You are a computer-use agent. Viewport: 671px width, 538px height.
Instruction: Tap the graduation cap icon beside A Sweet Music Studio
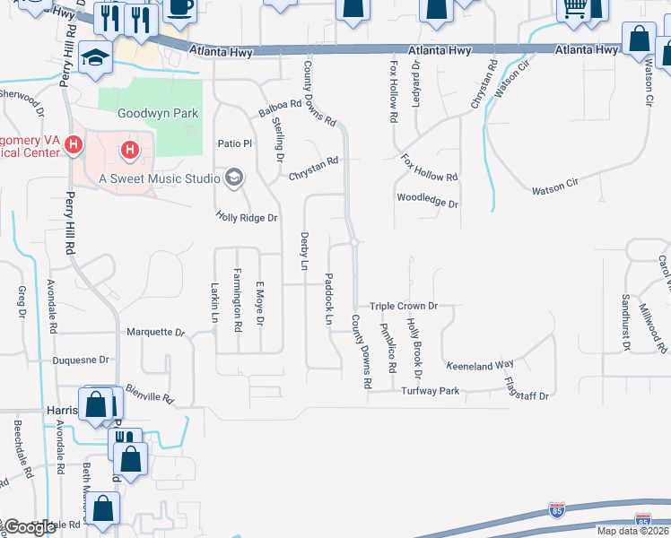(x=234, y=178)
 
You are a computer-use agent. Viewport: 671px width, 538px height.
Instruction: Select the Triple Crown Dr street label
(x=404, y=306)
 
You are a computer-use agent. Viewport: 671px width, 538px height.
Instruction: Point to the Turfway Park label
(x=431, y=391)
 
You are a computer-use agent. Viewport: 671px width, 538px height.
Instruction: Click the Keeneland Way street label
(x=479, y=364)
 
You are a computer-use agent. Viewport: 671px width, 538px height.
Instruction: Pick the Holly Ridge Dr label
(x=248, y=217)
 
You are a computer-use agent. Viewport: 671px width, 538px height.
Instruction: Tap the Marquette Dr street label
(x=155, y=332)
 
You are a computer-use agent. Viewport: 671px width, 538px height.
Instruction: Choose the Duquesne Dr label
(x=81, y=360)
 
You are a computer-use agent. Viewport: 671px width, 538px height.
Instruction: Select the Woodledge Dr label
(x=428, y=200)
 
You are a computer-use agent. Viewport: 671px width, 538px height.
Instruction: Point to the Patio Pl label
(x=237, y=143)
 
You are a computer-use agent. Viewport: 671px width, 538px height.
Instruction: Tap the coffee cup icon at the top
(x=179, y=8)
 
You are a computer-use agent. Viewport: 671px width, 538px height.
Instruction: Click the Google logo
(x=30, y=526)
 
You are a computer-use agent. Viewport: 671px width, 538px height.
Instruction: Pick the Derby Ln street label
(x=303, y=250)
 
